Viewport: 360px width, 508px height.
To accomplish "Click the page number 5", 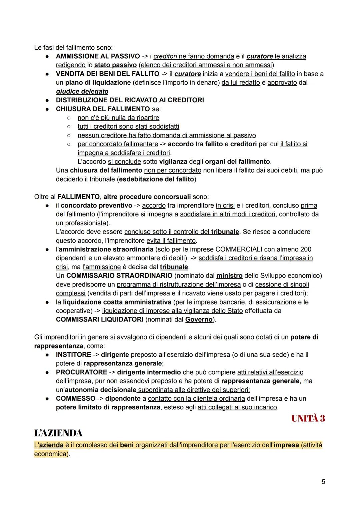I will coord(323,482).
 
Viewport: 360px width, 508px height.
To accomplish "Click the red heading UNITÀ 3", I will coord(308,419).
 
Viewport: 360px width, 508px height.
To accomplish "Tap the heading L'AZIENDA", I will coord(58,433).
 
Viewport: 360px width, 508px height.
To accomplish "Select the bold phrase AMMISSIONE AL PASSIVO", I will coord(98,56).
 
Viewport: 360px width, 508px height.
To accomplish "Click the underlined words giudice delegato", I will coord(82,91).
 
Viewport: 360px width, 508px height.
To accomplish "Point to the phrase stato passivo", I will coord(115,65).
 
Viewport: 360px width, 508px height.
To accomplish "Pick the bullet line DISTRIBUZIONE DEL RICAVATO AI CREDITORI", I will coord(130,100).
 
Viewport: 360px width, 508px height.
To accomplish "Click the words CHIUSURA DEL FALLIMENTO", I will coord(103,109).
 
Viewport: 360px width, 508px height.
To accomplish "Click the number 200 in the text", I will coord(306,249).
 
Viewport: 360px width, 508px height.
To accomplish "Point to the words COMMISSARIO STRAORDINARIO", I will coord(119,275).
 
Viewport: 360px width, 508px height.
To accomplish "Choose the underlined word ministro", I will coord(229,275).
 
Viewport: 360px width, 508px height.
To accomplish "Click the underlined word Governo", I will coord(199,319).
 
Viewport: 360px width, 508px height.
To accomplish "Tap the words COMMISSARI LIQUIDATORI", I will coord(100,319).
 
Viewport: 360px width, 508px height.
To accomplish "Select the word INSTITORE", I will coord(73,354).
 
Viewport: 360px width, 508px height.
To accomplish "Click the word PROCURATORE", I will coord(81,372).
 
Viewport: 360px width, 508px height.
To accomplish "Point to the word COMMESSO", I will coord(75,398).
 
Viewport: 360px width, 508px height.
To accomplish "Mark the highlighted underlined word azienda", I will coord(51,445).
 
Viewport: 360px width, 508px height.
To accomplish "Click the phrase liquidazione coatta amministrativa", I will coord(117,302).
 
